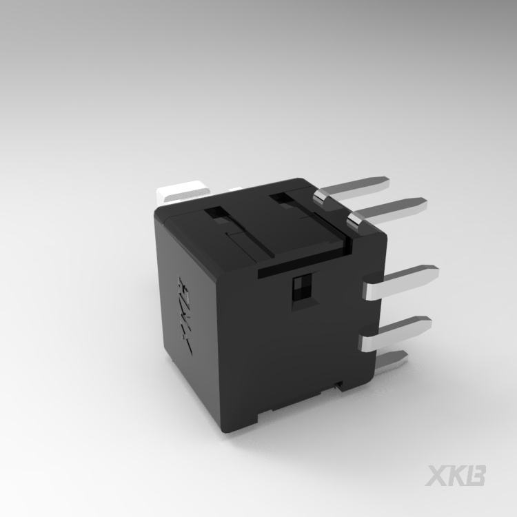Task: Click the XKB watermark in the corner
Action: point(455,476)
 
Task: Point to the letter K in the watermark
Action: point(456,476)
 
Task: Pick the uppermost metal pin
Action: point(351,191)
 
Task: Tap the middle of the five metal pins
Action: point(401,282)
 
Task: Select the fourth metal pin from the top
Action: point(396,334)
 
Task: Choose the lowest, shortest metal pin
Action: point(391,361)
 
